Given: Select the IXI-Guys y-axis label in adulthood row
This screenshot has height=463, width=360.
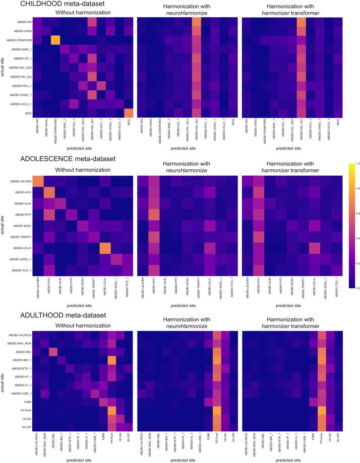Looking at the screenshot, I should (25, 411).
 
